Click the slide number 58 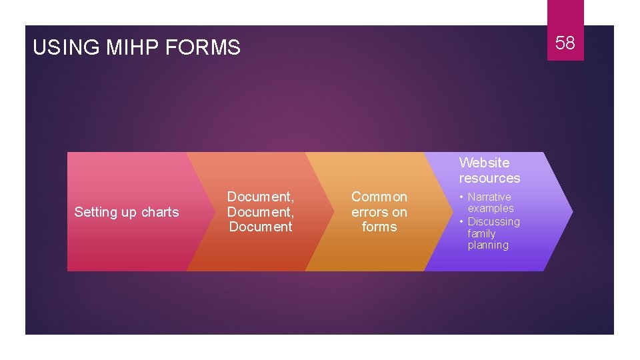tap(565, 43)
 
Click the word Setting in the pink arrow tap(94, 212)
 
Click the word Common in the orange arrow tap(379, 197)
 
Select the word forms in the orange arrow tap(379, 227)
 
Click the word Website tap(484, 163)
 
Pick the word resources tap(489, 178)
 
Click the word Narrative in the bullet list tap(489, 197)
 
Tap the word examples tap(491, 208)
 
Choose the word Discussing tap(493, 221)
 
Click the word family tap(481, 233)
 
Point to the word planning tap(488, 245)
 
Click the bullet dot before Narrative tap(462, 197)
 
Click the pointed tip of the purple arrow tap(571, 211)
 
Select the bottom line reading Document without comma tap(261, 227)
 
